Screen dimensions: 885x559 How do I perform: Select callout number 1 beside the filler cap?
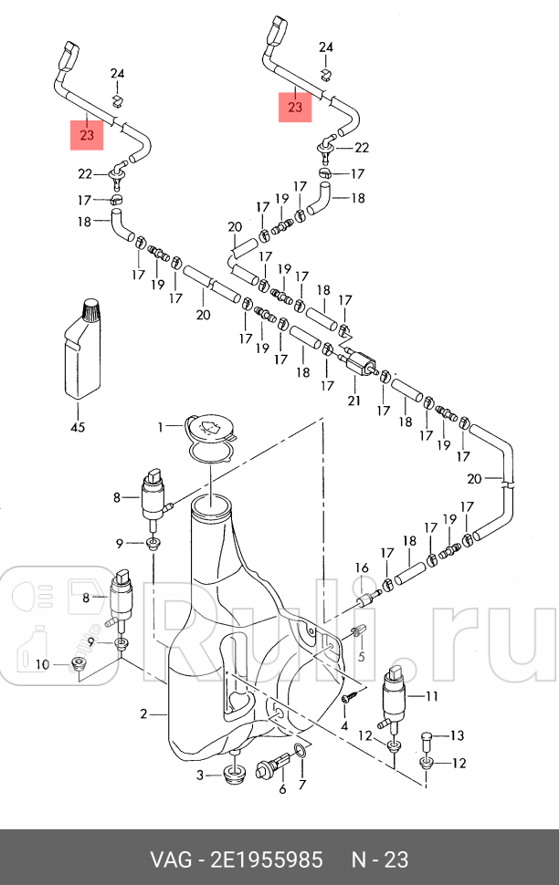pyautogui.click(x=160, y=426)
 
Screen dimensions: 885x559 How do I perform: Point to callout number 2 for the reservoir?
pyautogui.click(x=143, y=713)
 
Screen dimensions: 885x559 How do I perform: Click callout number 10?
pyautogui.click(x=40, y=664)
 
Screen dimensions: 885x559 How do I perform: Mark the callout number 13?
pyautogui.click(x=458, y=734)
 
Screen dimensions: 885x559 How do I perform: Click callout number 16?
pyautogui.click(x=362, y=567)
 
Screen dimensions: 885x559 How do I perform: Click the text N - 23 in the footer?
pyautogui.click(x=380, y=859)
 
